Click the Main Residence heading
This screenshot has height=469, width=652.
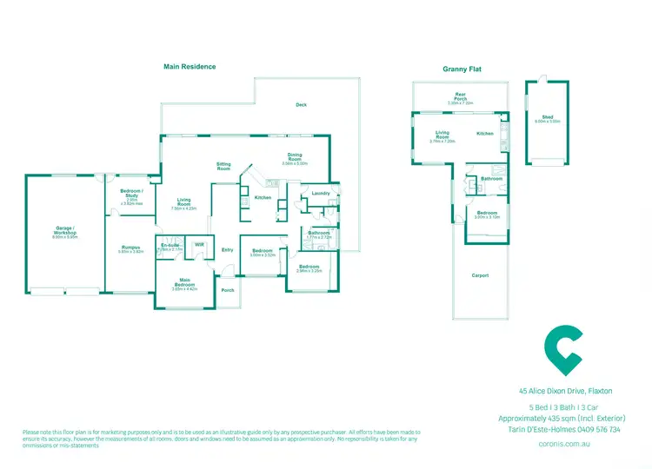click(x=190, y=66)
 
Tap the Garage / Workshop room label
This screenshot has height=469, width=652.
click(x=66, y=232)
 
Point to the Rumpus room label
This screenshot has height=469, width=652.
click(x=131, y=248)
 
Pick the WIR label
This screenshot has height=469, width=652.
click(x=199, y=245)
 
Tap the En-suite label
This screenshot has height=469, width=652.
click(x=170, y=246)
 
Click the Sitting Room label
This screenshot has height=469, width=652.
click(x=223, y=166)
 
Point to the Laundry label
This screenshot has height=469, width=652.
click(x=320, y=193)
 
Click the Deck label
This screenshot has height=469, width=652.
click(x=301, y=105)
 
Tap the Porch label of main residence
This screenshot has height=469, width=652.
click(x=228, y=290)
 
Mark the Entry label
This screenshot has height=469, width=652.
click(x=228, y=250)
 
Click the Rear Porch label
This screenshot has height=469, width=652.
click(x=460, y=96)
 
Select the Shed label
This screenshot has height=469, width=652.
click(x=548, y=117)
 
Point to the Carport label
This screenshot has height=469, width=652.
click(x=479, y=275)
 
